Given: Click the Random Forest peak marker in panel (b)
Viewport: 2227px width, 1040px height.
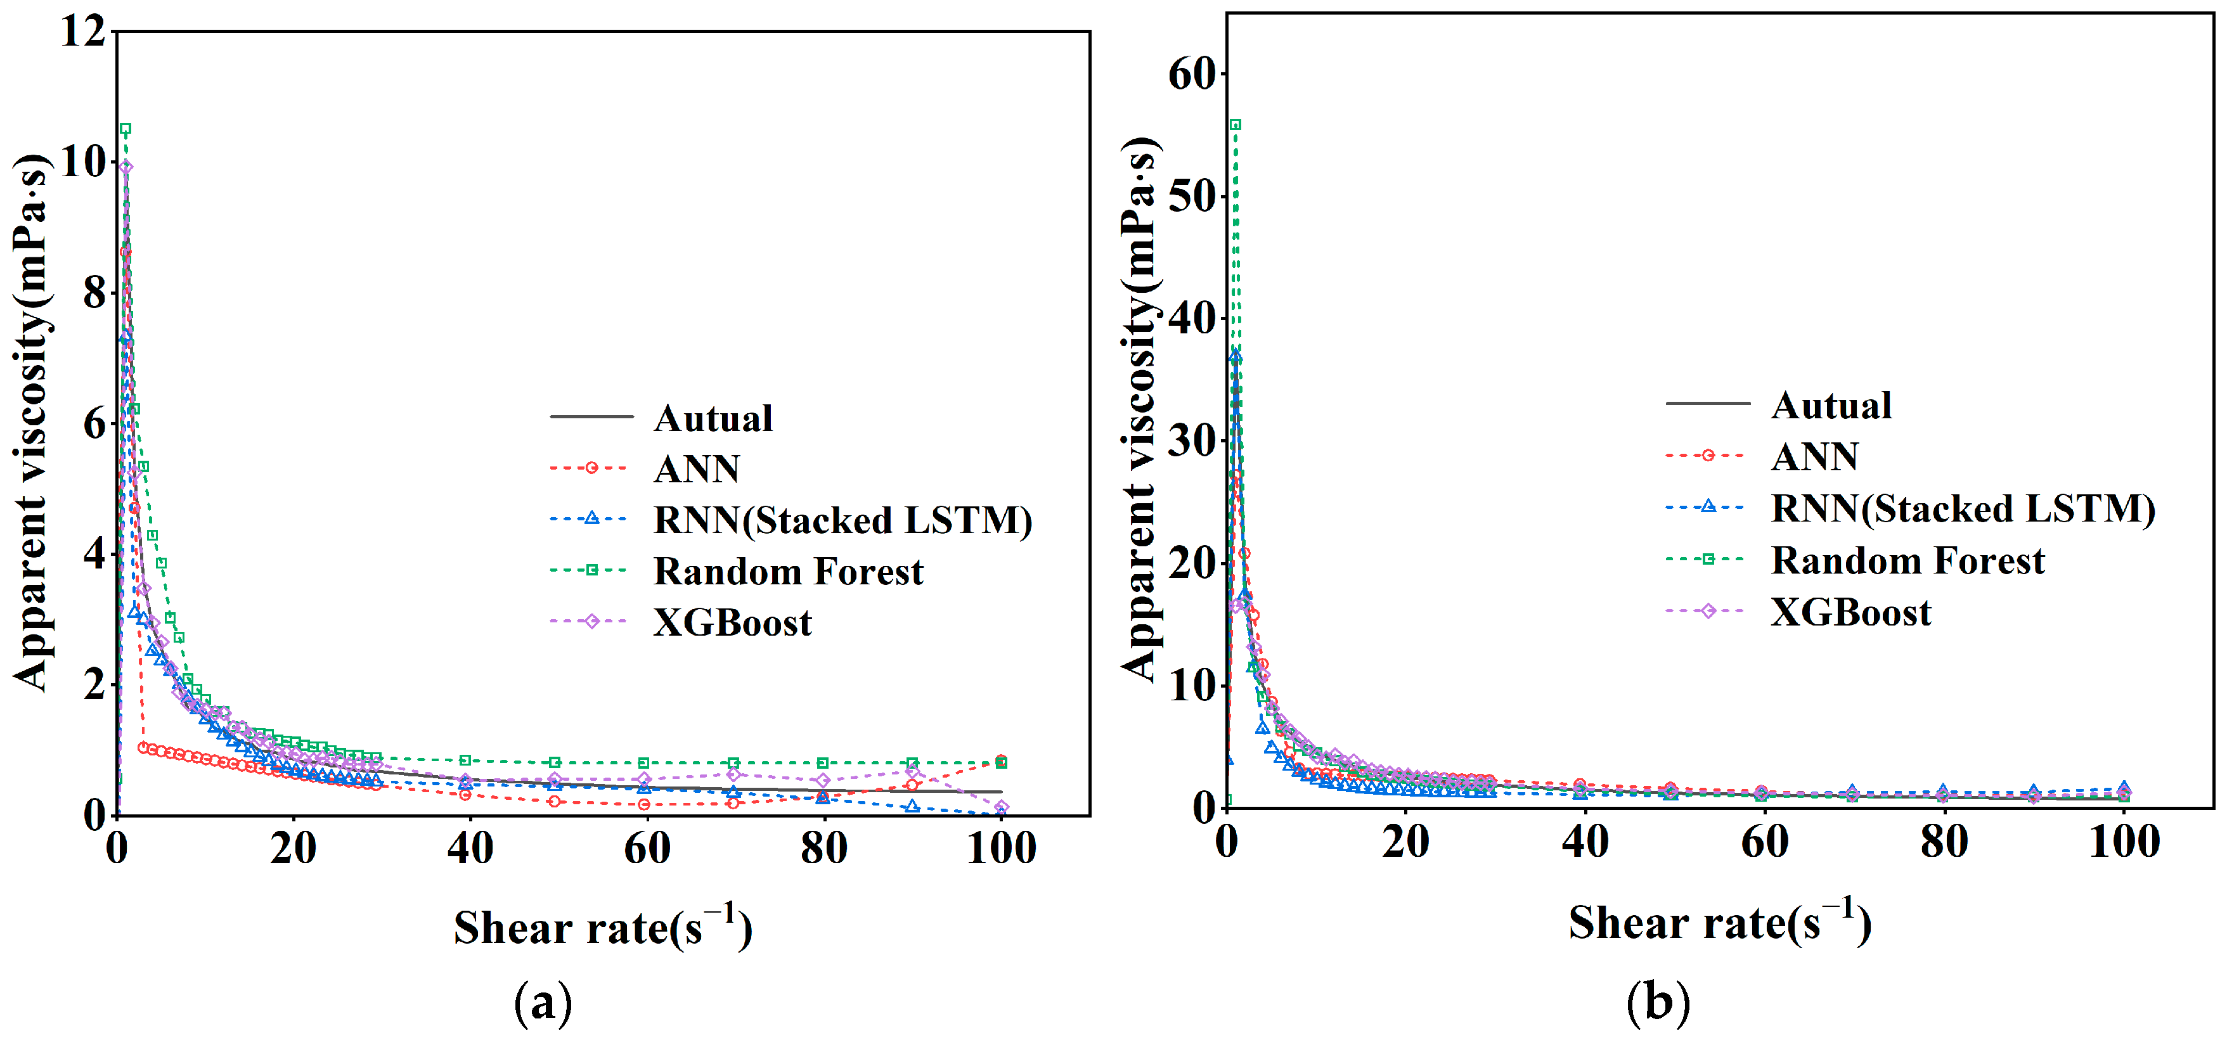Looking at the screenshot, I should pos(1236,124).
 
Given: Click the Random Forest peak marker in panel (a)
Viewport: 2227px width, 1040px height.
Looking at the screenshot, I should pos(126,129).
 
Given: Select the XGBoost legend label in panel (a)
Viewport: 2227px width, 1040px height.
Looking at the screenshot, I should pos(732,622).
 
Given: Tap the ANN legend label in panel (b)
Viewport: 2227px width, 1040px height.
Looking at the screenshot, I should pos(1814,456).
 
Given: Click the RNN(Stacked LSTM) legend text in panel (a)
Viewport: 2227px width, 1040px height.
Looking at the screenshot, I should pos(842,520).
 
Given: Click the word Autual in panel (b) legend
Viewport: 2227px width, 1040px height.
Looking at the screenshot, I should pos(1830,404).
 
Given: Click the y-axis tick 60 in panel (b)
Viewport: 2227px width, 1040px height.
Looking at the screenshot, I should pos(1192,74).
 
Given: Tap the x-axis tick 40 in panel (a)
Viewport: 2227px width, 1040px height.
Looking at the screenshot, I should pos(470,848).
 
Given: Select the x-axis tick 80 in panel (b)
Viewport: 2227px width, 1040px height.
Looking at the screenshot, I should pos(1944,841).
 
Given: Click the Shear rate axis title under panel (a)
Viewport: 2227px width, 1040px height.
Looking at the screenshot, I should pos(603,928).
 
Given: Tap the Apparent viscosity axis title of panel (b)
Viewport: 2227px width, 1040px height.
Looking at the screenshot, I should pos(1139,406).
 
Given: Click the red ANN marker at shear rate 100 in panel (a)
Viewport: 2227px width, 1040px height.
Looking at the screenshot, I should pos(1000,760).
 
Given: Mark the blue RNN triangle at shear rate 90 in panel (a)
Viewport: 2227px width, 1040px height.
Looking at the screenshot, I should pos(912,806).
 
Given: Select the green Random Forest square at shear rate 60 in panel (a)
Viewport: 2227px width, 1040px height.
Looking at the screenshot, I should pos(643,762).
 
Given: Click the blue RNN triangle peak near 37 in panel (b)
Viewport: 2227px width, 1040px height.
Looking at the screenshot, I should pos(1236,356).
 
